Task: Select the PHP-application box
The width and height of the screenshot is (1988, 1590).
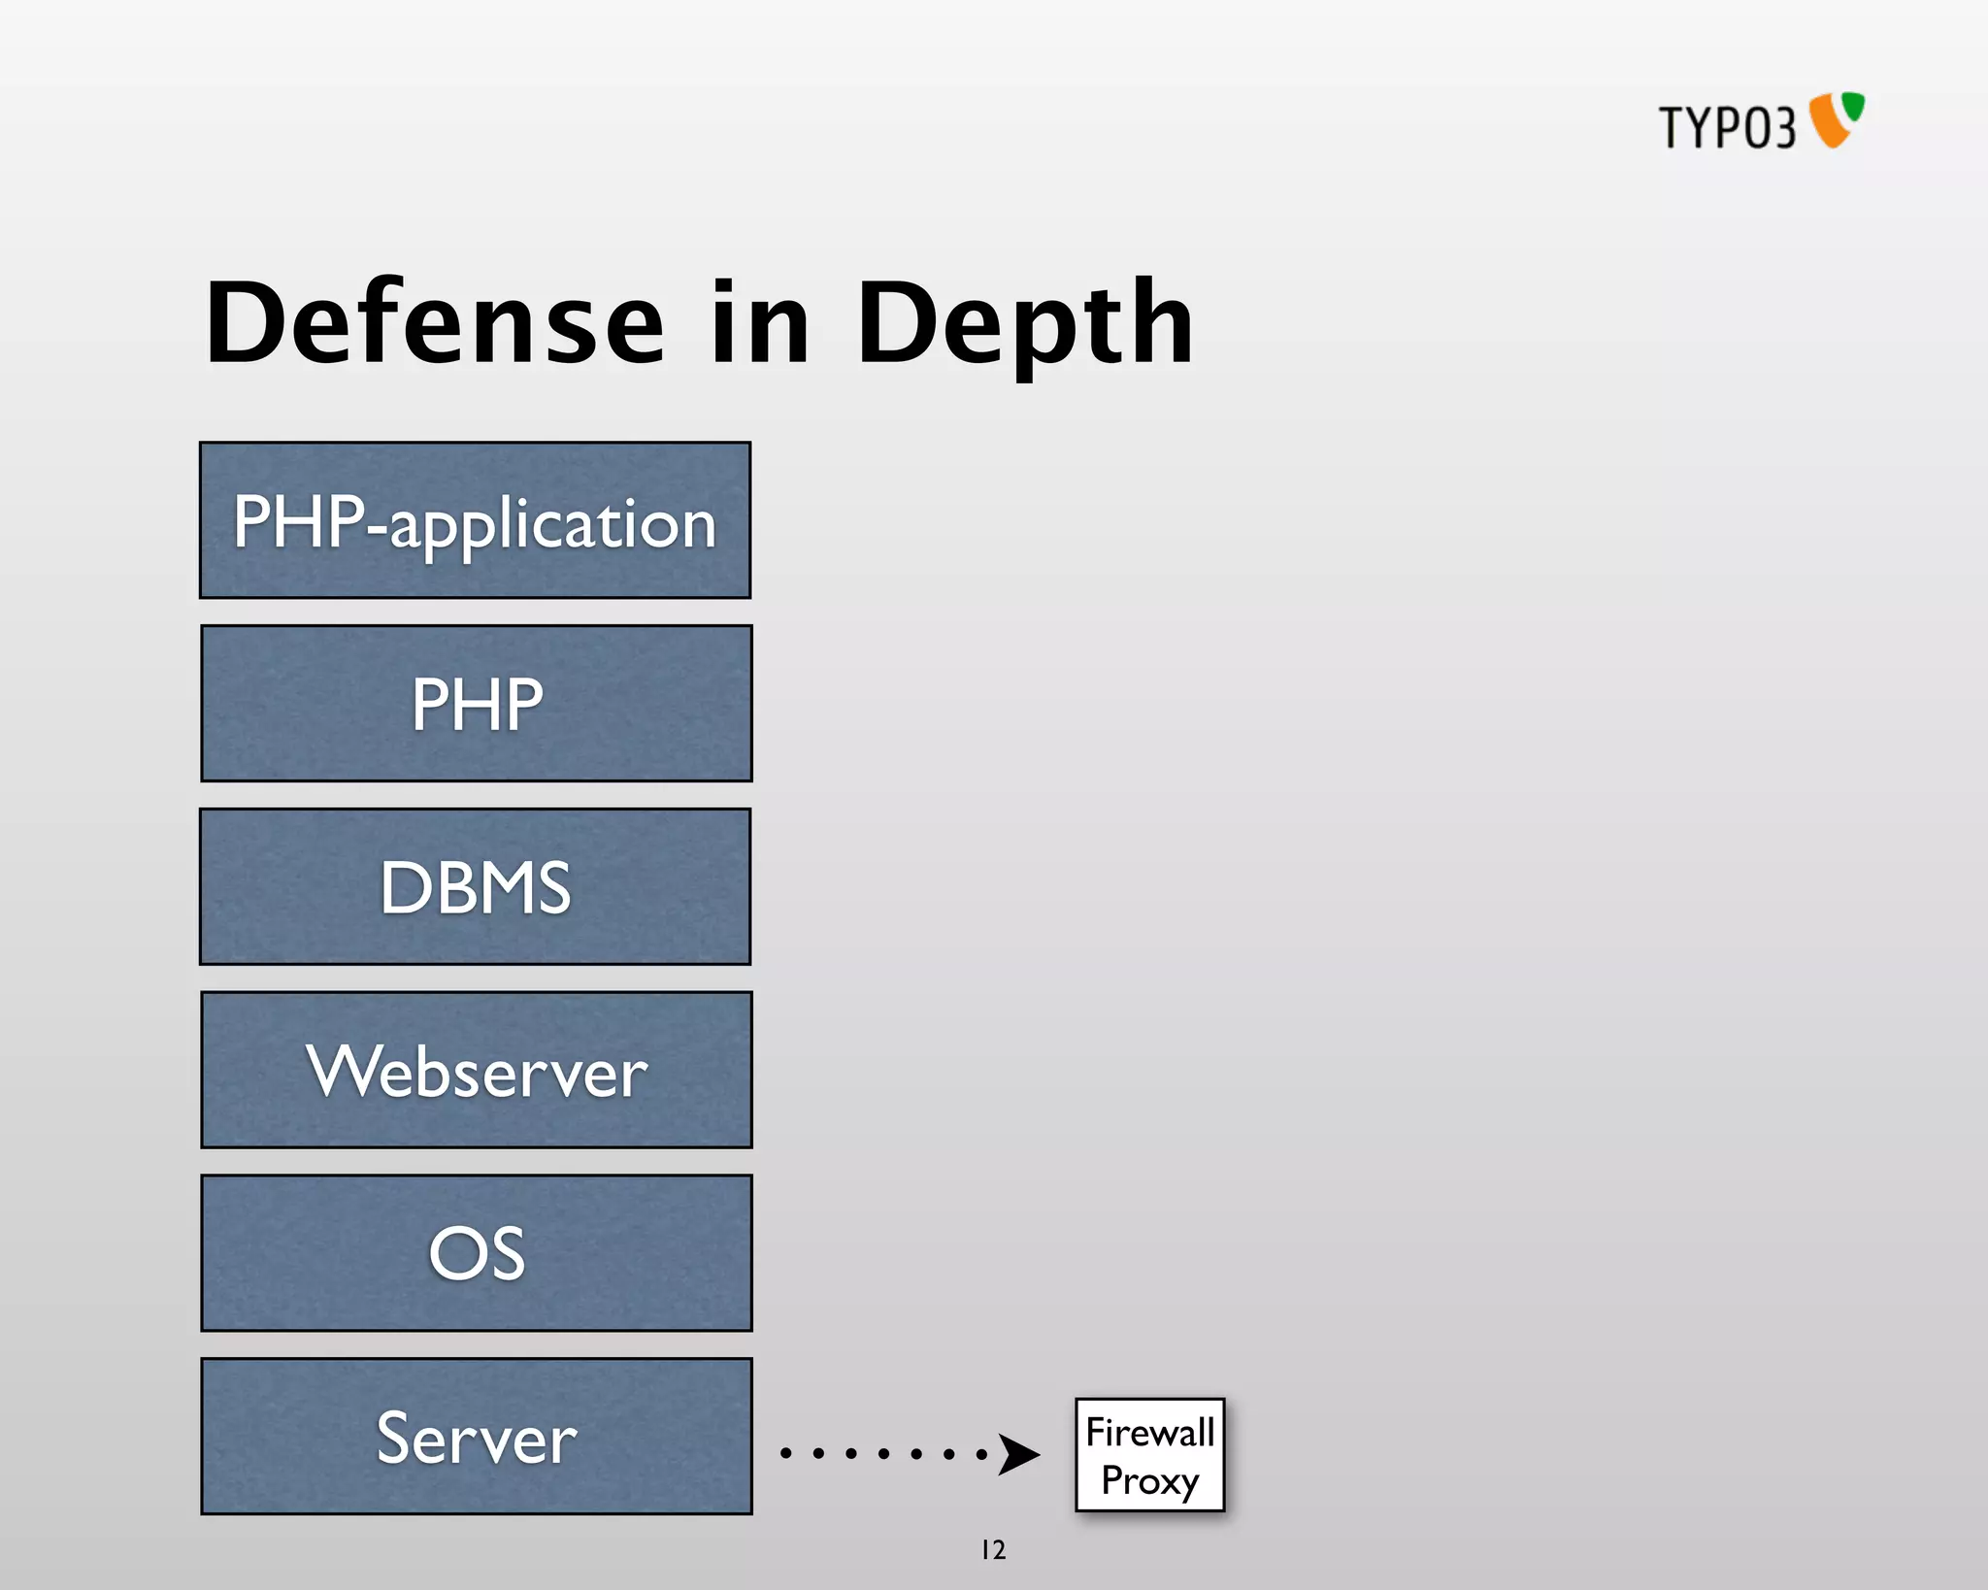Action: coord(475,520)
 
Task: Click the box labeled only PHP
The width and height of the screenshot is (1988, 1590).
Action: coord(476,704)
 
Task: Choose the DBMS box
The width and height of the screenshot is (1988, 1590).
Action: coord(475,886)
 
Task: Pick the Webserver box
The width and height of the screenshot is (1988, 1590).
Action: coord(476,1070)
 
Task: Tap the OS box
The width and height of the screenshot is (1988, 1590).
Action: coord(476,1253)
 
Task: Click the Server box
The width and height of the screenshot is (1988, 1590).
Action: coord(476,1437)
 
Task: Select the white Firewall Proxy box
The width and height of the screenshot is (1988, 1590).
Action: coord(1149,1454)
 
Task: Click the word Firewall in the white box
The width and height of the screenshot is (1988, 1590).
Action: coord(1149,1432)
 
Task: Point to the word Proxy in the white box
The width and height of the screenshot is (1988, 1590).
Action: coord(1149,1480)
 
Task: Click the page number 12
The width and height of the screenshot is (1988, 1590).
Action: coord(993,1549)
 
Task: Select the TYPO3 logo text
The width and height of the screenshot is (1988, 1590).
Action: coord(1727,127)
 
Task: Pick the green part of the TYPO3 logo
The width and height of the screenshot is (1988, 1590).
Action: coord(1854,106)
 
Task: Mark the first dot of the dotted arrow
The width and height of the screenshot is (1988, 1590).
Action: coord(785,1453)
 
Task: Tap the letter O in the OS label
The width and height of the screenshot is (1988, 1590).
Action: coord(452,1253)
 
